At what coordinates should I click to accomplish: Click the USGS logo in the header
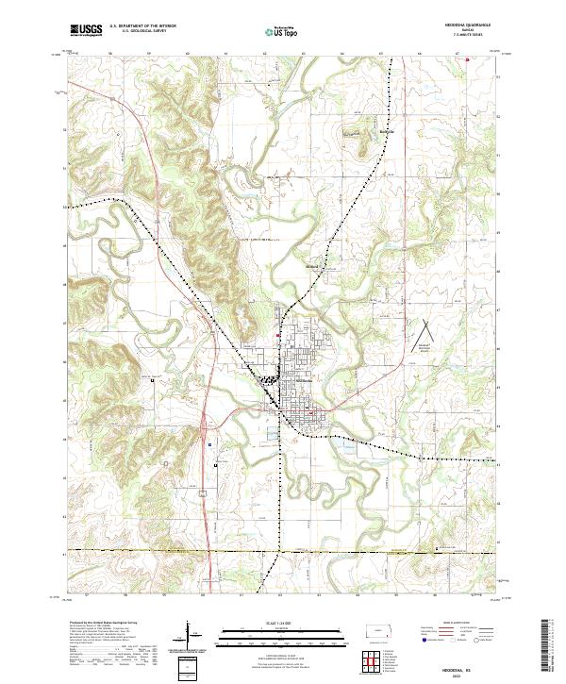[x=86, y=30]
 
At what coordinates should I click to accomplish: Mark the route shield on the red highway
[x=202, y=492]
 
